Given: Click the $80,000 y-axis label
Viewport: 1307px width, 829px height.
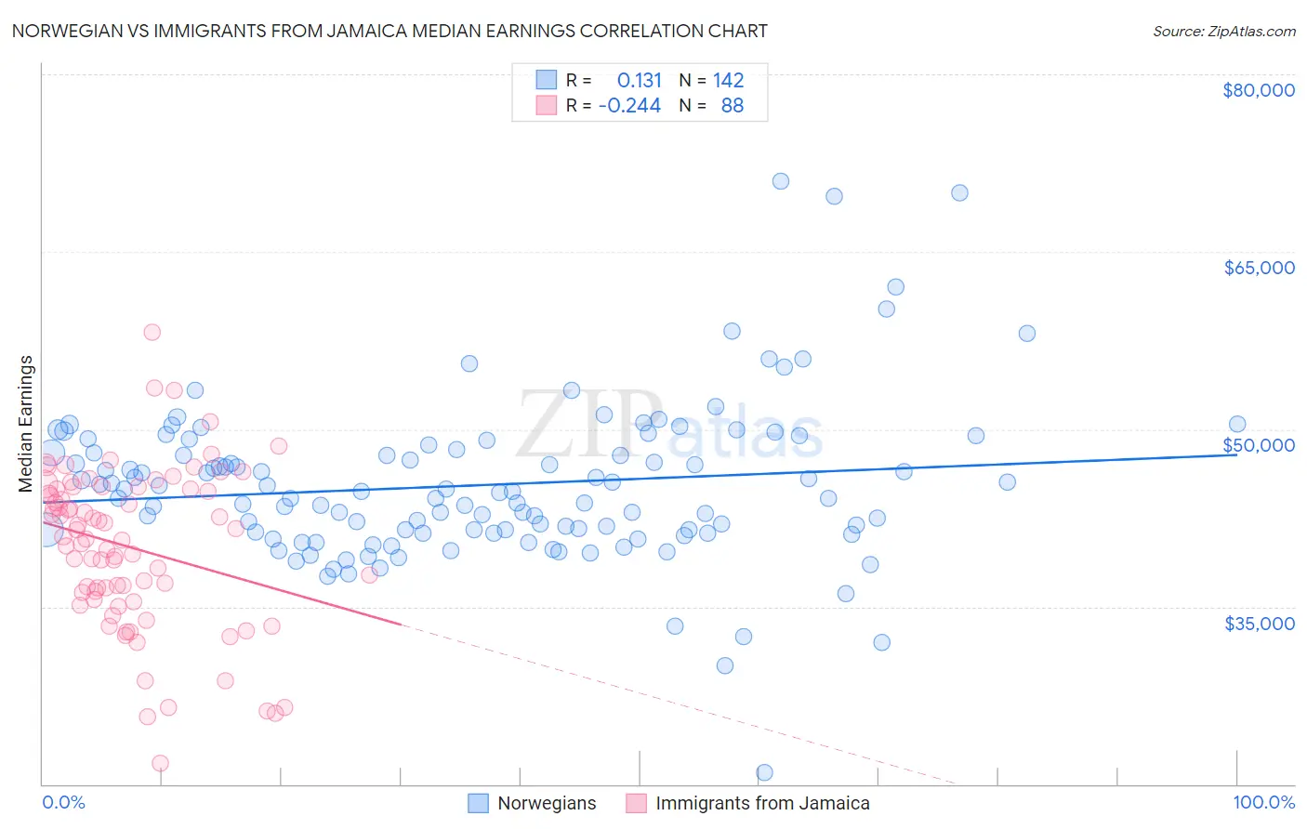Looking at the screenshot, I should click(1259, 90).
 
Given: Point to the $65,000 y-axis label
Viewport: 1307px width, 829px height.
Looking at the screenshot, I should click(1259, 268).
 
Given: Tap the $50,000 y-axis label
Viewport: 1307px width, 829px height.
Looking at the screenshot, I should click(1259, 445).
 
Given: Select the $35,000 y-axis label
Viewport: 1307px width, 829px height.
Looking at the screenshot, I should click(1259, 623).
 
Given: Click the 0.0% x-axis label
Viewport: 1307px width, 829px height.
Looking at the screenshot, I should click(63, 802).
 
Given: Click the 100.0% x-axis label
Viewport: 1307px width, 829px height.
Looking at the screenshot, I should click(1263, 802).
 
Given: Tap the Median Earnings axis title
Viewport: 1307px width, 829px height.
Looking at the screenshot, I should click(26, 424).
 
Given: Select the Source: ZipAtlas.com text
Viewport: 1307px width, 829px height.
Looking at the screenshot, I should click(1223, 31).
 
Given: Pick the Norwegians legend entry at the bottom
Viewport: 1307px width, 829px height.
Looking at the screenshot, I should click(547, 803).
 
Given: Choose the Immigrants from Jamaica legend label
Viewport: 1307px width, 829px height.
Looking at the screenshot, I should click(762, 803).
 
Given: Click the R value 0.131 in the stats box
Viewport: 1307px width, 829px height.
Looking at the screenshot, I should click(640, 80).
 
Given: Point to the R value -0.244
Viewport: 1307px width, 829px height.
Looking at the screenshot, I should click(629, 105).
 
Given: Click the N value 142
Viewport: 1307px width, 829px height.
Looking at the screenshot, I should click(728, 80).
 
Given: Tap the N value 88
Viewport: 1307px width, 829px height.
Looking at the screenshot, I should click(733, 105).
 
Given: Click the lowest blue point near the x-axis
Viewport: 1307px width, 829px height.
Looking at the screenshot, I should click(764, 772).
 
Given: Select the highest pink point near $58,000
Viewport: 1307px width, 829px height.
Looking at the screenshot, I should click(152, 332).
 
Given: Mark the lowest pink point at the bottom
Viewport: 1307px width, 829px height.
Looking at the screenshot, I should click(160, 763).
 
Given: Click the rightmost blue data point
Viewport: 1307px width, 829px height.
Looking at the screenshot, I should click(1236, 424).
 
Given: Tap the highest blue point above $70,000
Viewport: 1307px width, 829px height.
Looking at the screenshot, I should click(781, 181).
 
